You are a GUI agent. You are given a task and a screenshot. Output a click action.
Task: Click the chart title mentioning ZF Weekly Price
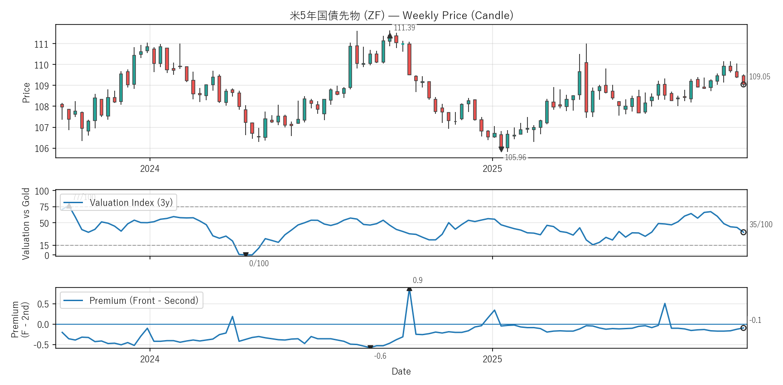pyautogui.click(x=401, y=15)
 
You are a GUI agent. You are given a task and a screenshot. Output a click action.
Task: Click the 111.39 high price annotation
pyautogui.click(x=404, y=28)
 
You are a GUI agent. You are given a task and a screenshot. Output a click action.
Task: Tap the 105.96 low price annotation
pyautogui.click(x=515, y=157)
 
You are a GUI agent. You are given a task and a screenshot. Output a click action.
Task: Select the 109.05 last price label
pyautogui.click(x=759, y=77)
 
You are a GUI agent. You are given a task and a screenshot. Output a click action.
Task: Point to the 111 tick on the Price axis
pyautogui.click(x=41, y=44)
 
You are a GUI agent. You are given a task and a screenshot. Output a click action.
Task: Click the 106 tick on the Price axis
pyautogui.click(x=41, y=149)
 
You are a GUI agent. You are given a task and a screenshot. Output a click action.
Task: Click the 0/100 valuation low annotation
pyautogui.click(x=259, y=263)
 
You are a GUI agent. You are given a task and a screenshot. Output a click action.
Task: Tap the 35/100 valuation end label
pyautogui.click(x=761, y=224)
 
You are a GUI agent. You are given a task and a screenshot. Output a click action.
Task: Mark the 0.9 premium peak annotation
pyautogui.click(x=417, y=280)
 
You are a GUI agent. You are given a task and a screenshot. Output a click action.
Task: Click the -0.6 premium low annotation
pyautogui.click(x=380, y=356)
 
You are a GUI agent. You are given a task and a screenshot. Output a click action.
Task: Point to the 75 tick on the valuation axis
pyautogui.click(x=44, y=207)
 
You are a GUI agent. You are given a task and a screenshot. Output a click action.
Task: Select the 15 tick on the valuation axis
pyautogui.click(x=44, y=246)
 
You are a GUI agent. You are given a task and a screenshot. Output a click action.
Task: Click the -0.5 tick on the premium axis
pyautogui.click(x=41, y=345)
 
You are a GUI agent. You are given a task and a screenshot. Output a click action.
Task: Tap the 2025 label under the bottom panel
pyautogui.click(x=492, y=359)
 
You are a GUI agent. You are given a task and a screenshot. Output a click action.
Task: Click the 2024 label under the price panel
pyautogui.click(x=150, y=169)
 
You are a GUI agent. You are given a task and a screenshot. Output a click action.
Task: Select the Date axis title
pyautogui.click(x=401, y=371)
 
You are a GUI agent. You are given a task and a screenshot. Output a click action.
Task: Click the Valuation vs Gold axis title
pyautogui.click(x=26, y=224)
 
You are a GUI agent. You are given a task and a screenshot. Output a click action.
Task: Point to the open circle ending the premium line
pyautogui.click(x=743, y=328)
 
